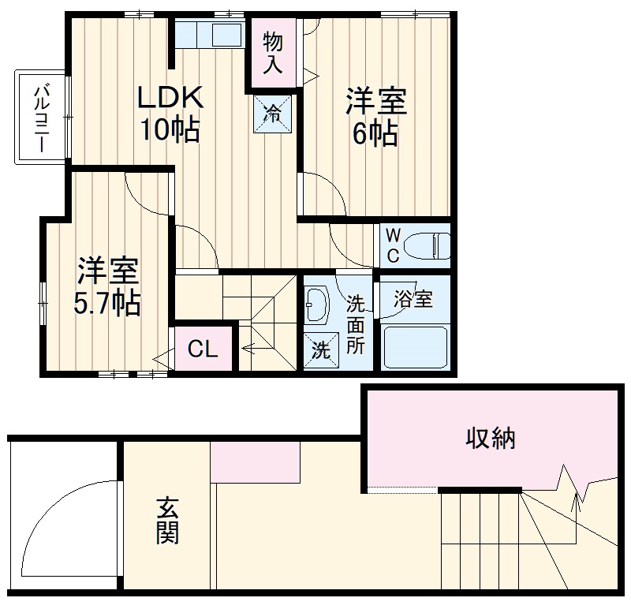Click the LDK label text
(x=170, y=98)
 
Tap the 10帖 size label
(x=170, y=129)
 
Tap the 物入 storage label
(x=273, y=52)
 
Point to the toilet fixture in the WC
(x=432, y=245)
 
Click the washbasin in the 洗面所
(x=318, y=305)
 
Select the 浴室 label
(x=413, y=299)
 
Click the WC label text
(x=393, y=245)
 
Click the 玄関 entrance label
(x=166, y=521)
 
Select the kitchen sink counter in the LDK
(x=209, y=35)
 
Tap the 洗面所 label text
(x=355, y=323)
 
